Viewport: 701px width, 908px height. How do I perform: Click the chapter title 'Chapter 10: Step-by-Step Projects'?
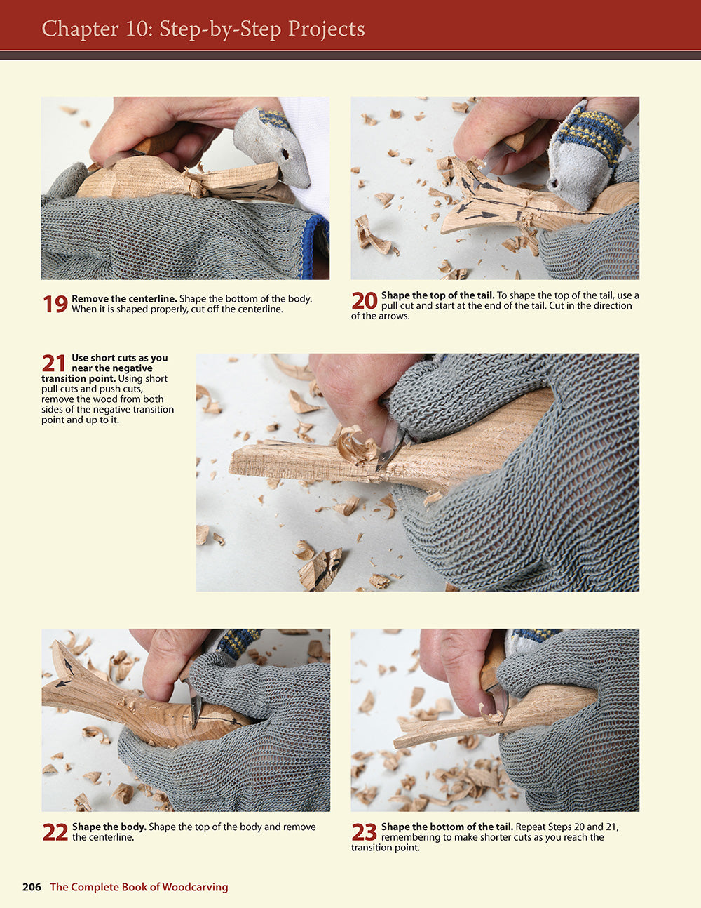[x=203, y=29]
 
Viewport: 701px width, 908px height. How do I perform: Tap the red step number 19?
[x=55, y=304]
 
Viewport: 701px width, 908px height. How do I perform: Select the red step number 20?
[x=365, y=300]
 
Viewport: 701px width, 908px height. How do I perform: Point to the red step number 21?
[x=54, y=363]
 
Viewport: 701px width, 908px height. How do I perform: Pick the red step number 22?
[x=55, y=832]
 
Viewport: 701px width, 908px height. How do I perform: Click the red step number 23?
[x=365, y=832]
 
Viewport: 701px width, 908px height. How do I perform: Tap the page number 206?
[x=32, y=887]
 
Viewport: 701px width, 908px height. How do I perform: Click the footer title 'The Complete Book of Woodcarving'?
[x=139, y=887]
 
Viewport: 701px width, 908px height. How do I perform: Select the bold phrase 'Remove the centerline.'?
[x=124, y=299]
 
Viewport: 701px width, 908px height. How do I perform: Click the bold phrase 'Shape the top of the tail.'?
[x=437, y=295]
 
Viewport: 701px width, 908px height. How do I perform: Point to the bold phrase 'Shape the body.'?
[x=109, y=827]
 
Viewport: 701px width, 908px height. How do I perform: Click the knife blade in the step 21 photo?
[x=390, y=447]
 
